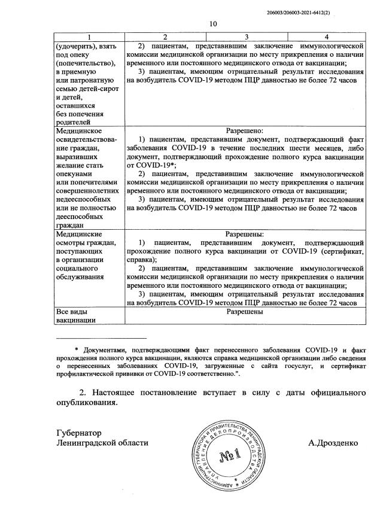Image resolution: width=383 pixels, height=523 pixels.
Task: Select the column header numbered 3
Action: tap(245, 37)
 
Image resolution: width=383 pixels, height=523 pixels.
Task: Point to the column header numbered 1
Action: tap(88, 37)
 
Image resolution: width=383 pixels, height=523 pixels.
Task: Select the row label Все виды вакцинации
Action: tap(76, 316)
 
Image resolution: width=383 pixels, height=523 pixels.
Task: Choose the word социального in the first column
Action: tap(78, 269)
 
